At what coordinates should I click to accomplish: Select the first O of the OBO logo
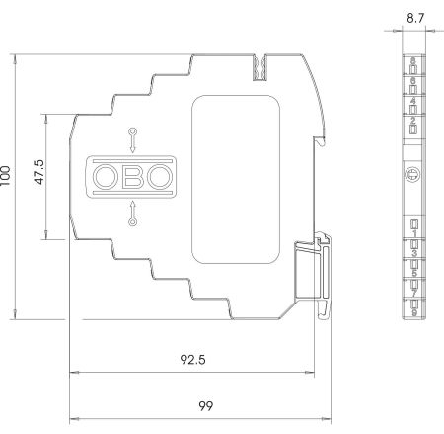[105, 177]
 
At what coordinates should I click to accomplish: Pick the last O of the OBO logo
[159, 177]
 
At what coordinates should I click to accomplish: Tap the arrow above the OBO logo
[132, 138]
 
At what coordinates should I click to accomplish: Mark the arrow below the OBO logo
[132, 215]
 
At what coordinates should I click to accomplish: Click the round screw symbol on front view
[413, 177]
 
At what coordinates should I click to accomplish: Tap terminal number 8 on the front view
[413, 61]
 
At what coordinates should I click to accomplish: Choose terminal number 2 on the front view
[413, 120]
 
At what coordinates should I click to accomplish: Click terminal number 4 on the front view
[413, 101]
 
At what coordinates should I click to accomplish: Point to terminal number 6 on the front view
[413, 81]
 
